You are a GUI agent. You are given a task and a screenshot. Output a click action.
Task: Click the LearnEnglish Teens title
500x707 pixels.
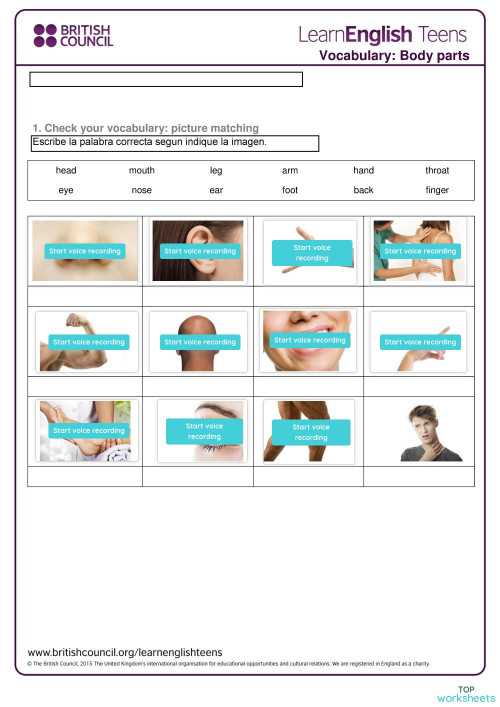(x=382, y=34)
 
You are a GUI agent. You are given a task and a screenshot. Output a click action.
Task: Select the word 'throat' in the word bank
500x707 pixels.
(x=437, y=170)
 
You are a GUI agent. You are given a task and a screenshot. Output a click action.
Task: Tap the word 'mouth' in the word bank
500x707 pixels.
(x=142, y=170)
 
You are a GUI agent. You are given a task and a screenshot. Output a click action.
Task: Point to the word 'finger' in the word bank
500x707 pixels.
(x=437, y=189)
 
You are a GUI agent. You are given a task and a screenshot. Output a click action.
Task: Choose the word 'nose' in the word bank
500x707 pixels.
(x=142, y=189)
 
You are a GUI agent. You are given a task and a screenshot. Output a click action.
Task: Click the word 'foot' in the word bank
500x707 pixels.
(x=290, y=189)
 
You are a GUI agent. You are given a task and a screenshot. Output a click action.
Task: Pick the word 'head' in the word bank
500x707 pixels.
(x=66, y=170)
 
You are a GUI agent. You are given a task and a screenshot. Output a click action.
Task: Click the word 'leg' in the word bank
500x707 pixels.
(x=216, y=170)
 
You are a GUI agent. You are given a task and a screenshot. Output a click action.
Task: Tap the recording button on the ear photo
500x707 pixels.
(x=197, y=251)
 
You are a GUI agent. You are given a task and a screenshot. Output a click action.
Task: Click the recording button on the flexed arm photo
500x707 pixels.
(x=88, y=342)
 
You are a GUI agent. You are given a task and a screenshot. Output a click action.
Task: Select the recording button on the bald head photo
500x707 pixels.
(x=199, y=342)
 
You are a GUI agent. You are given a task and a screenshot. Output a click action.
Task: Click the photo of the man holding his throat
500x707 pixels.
(x=419, y=432)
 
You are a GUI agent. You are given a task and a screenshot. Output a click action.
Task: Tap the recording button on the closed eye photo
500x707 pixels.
(x=204, y=431)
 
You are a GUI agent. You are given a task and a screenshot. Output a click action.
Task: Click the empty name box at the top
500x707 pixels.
(x=166, y=80)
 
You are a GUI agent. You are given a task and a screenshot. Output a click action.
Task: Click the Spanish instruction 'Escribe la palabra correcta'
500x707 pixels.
(x=150, y=143)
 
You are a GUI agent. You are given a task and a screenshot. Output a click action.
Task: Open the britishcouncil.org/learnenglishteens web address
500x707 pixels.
(x=125, y=651)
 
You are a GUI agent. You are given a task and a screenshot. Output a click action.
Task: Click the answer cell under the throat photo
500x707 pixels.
(x=419, y=476)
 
